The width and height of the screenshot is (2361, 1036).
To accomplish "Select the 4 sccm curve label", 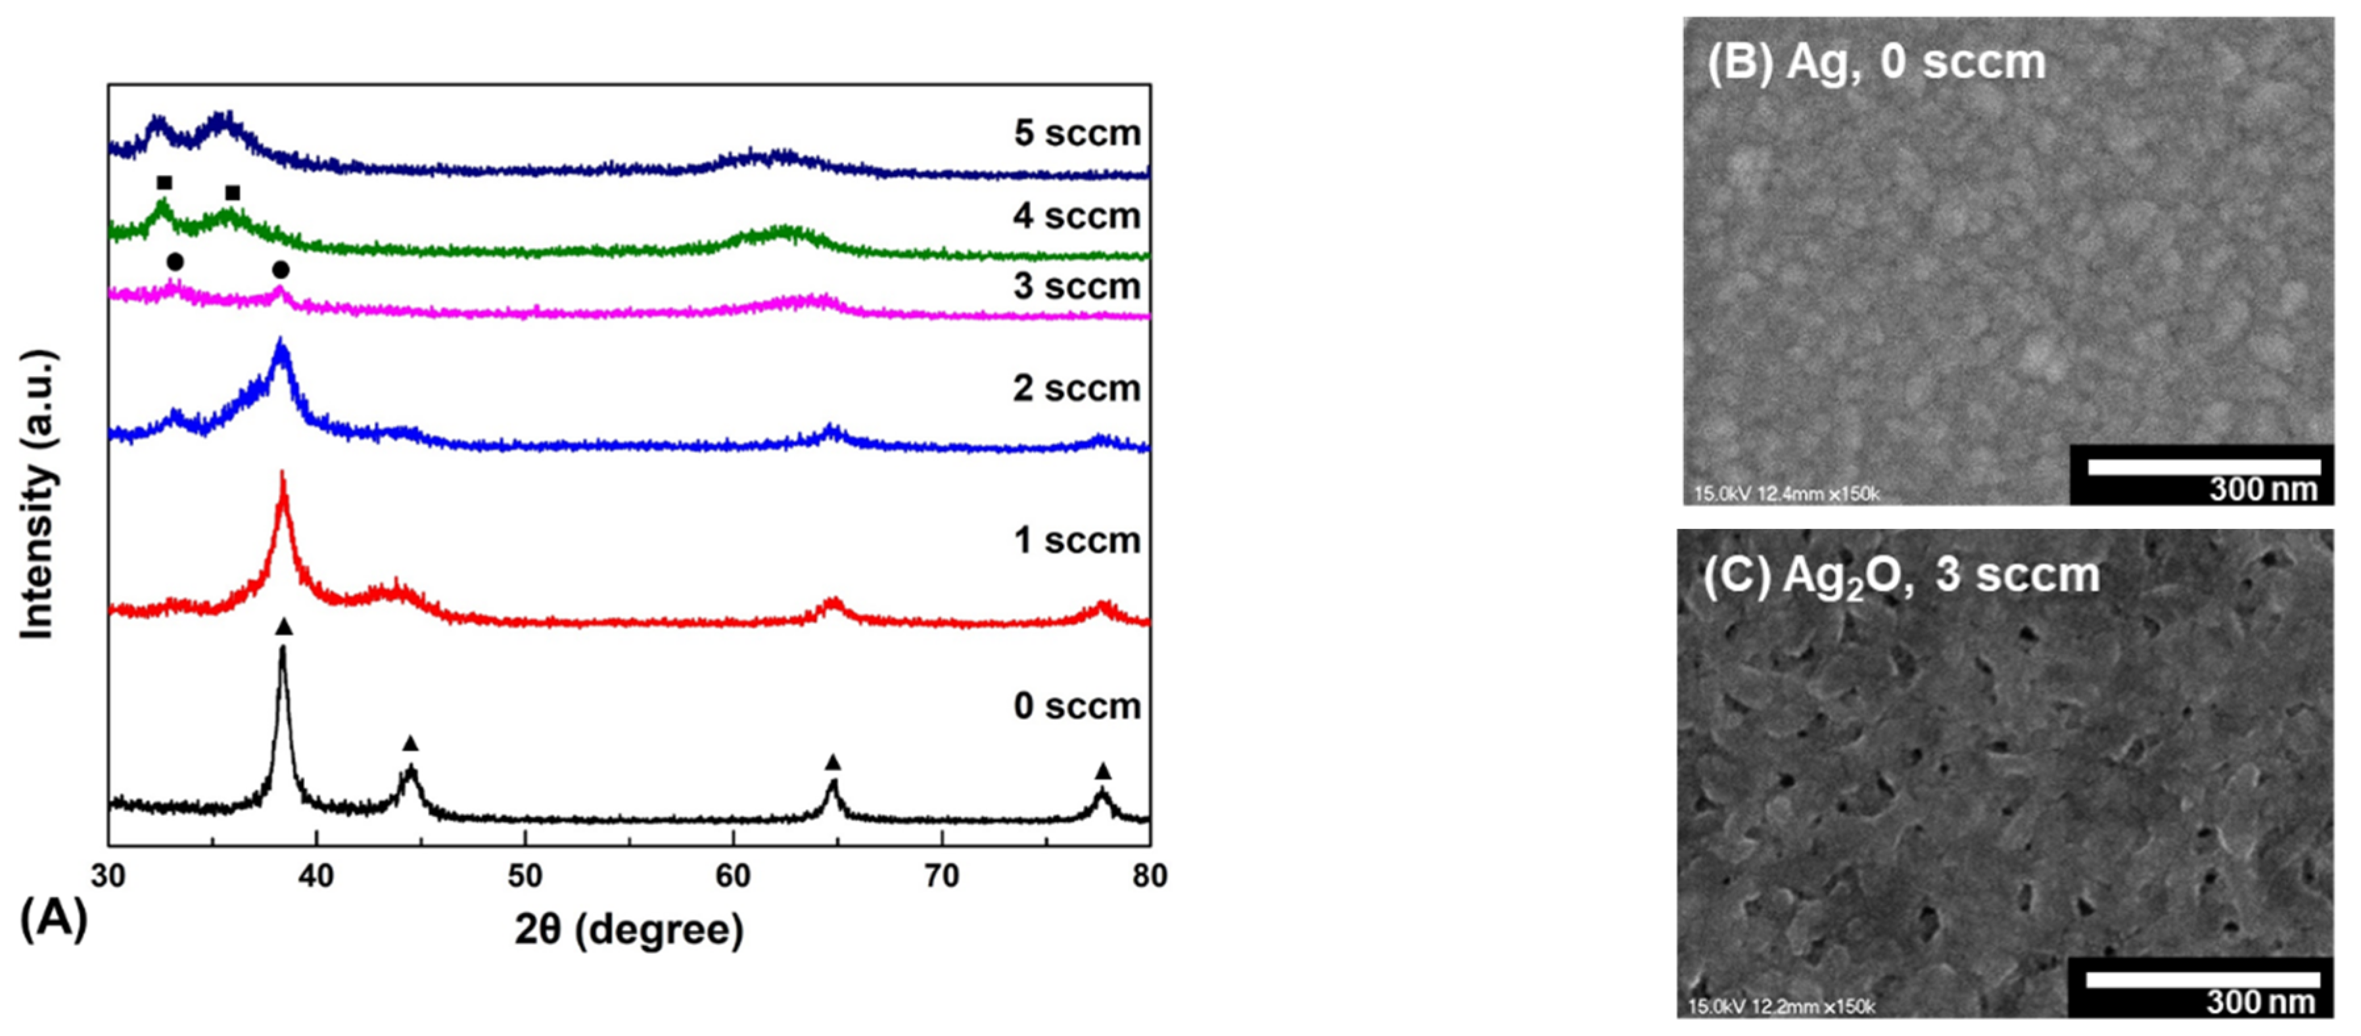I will pos(1077,216).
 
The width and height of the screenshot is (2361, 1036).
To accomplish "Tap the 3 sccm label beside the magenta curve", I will pos(1077,287).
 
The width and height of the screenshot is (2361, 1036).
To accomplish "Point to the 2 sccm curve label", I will pos(1077,388).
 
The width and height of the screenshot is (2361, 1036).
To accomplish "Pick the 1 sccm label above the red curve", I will pos(1077,541).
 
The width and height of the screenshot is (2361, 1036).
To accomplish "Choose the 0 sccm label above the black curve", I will pos(1077,706).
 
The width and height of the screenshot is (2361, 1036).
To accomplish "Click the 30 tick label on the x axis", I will pos(108,876).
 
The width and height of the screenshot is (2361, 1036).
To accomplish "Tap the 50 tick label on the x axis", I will pos(525,876).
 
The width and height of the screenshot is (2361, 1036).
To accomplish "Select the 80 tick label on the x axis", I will pos(1150,876).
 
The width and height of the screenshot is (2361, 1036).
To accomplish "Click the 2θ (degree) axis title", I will pos(629,930).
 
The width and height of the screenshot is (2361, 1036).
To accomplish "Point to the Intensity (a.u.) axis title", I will pos(39,495).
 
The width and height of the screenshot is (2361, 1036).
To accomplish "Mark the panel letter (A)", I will pos(53,918).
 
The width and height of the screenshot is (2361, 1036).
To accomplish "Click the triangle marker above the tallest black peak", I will pos(284,627).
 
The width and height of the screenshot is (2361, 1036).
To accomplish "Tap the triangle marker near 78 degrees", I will pos(1102,771).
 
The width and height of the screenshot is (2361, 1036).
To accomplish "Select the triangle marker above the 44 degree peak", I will pos(411,743).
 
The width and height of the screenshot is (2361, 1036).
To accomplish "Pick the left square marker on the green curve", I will pos(164,183).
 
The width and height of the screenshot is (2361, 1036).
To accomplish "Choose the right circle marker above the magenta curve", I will pos(281,270).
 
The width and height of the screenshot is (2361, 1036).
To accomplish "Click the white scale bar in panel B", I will pos(2203,467).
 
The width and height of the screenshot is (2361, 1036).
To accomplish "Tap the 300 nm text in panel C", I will pos(2261,1001).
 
